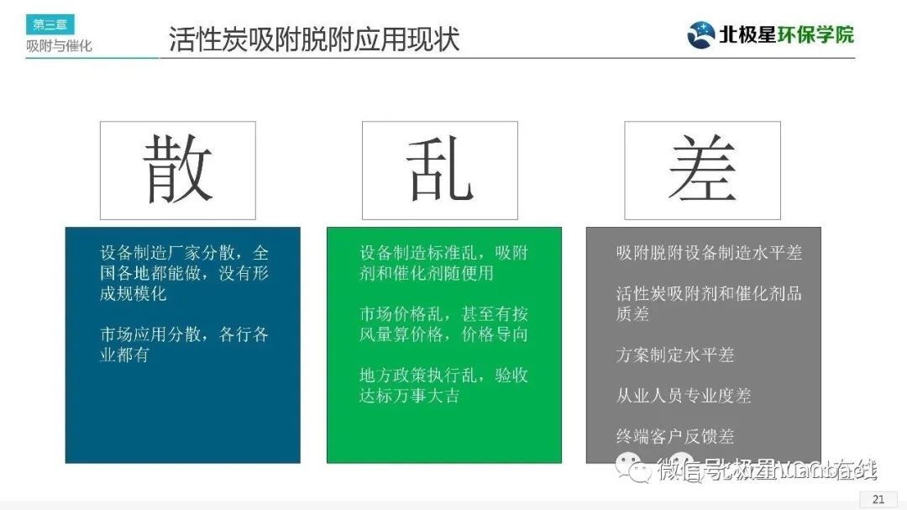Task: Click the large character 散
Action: [x=177, y=170]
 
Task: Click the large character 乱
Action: [x=439, y=170]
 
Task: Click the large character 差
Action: [x=702, y=170]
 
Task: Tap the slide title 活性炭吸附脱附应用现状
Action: [x=314, y=39]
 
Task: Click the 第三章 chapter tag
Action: [x=50, y=24]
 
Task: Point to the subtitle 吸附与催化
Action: [x=59, y=46]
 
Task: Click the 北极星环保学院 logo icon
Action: [x=701, y=34]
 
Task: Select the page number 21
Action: [x=878, y=499]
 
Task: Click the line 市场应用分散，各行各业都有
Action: [x=183, y=344]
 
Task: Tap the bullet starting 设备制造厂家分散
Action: [x=183, y=272]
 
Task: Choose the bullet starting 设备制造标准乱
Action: [x=443, y=262]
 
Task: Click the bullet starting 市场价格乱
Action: [x=443, y=323]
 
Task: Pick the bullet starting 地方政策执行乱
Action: [x=443, y=385]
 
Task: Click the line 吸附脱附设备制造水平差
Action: [x=709, y=252]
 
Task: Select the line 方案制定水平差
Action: [x=675, y=355]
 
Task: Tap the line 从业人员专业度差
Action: [x=684, y=395]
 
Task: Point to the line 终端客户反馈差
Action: [x=675, y=436]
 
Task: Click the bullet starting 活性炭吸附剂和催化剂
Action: [x=709, y=302]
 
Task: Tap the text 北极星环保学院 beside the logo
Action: [x=786, y=34]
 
